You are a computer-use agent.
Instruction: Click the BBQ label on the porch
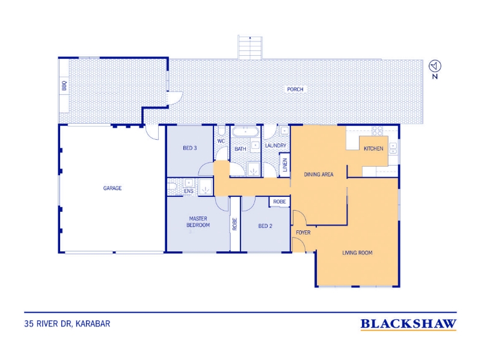(x=64, y=85)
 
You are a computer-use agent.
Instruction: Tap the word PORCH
(x=295, y=89)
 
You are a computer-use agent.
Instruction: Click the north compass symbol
(x=435, y=66)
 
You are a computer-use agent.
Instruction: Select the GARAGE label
(x=112, y=188)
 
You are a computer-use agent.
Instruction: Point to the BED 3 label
(x=190, y=148)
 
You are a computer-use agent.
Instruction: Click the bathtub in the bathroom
(x=245, y=132)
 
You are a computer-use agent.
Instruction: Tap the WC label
(x=221, y=141)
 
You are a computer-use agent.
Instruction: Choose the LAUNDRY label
(x=275, y=145)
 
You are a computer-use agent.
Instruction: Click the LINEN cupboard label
(x=285, y=164)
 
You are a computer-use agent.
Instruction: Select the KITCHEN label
(x=373, y=148)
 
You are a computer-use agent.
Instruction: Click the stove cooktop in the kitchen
(x=378, y=131)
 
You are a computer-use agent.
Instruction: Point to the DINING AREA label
(x=319, y=175)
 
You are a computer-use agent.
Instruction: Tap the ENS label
(x=189, y=191)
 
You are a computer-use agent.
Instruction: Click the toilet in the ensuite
(x=171, y=186)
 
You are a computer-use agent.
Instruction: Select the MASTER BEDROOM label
(x=198, y=221)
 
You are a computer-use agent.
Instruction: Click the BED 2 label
(x=265, y=226)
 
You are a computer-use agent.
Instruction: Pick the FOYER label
(x=303, y=233)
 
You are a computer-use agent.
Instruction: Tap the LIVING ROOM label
(x=357, y=253)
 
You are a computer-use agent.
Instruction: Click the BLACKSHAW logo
(x=408, y=324)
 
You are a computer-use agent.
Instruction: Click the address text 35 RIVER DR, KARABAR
(x=67, y=323)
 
